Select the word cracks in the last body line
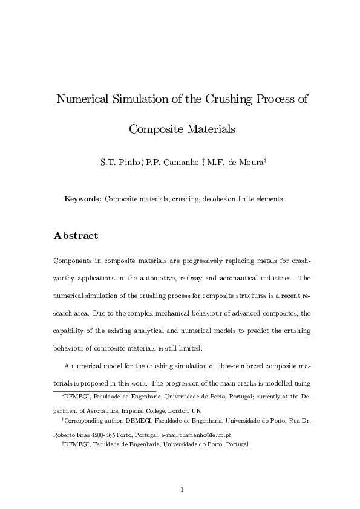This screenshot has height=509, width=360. pos(260,384)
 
